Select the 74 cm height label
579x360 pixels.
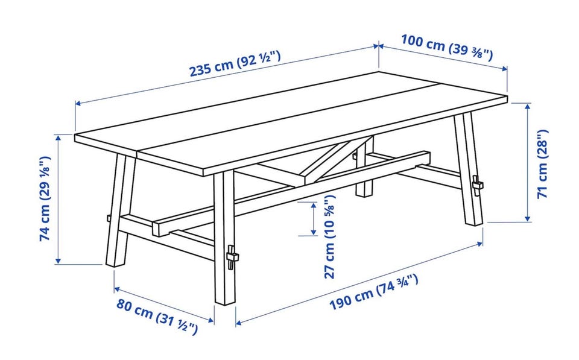pos(45,198)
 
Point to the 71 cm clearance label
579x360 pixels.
pos(542,164)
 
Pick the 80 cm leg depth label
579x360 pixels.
pos(157,317)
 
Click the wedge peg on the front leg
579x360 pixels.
pos(231,257)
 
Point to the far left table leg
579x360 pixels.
pos(119,210)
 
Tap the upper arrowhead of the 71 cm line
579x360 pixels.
pos(528,107)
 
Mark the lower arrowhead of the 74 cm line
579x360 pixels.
pos(58,261)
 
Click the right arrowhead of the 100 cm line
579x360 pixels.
pos(504,68)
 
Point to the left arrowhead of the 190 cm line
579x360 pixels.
pos(239,323)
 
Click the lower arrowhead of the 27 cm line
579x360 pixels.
pos(314,232)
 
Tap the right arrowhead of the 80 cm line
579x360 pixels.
pos(211,320)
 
